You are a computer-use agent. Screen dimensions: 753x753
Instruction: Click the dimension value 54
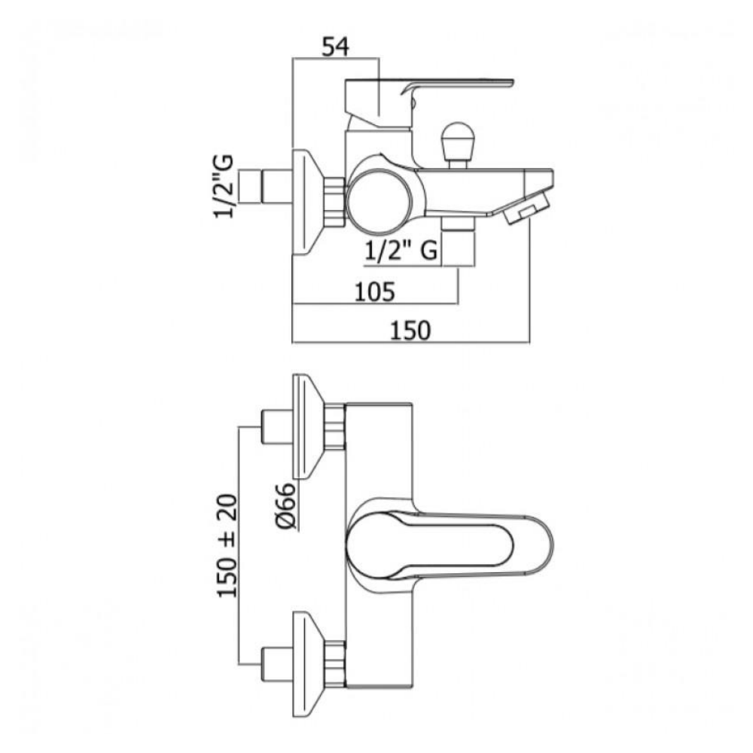[x=335, y=47]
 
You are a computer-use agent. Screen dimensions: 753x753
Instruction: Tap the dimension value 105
[x=374, y=291]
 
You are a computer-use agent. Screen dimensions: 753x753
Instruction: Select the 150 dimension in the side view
[x=410, y=330]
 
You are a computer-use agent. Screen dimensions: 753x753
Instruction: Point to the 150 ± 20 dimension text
[x=227, y=545]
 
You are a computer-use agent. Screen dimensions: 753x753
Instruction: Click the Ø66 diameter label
[x=286, y=506]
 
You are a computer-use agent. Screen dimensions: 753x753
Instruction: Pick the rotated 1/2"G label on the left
[x=224, y=186]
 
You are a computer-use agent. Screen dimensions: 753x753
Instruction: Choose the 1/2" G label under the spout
[x=401, y=250]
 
